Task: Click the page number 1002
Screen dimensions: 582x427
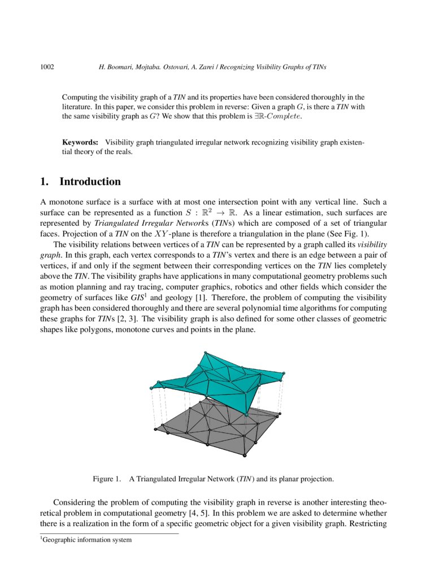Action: point(47,67)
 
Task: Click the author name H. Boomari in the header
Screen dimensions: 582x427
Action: point(115,67)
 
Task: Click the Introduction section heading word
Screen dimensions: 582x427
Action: point(90,182)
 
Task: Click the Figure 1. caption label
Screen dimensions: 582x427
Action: point(107,479)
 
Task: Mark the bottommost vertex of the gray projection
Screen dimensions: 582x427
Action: point(244,455)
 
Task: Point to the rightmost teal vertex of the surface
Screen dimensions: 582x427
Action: point(283,373)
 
